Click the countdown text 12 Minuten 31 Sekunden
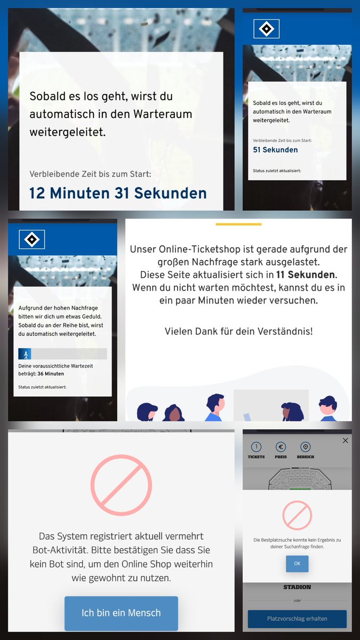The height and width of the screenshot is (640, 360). [x=118, y=193]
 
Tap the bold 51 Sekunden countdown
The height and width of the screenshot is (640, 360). [x=275, y=150]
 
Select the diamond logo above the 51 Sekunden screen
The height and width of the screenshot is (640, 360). [x=266, y=29]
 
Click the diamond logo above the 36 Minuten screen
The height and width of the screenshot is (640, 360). [x=32, y=239]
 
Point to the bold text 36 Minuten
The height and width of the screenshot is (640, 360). [x=51, y=374]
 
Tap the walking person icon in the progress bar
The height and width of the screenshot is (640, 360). [x=25, y=354]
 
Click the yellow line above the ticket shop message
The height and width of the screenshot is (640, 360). [x=238, y=225]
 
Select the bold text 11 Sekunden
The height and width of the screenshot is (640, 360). [x=306, y=275]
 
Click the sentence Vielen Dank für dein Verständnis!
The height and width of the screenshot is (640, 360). [x=238, y=331]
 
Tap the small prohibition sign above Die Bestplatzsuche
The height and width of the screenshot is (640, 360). [x=297, y=516]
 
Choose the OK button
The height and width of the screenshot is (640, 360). [x=297, y=564]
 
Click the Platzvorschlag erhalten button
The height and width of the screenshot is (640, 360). [x=297, y=619]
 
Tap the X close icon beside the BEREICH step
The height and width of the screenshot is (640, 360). [x=345, y=441]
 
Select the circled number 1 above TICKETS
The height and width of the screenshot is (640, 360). [x=256, y=447]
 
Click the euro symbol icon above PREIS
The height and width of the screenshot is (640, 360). [x=281, y=447]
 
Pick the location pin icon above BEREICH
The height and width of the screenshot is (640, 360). [x=306, y=447]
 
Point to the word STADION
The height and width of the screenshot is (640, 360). [x=297, y=587]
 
